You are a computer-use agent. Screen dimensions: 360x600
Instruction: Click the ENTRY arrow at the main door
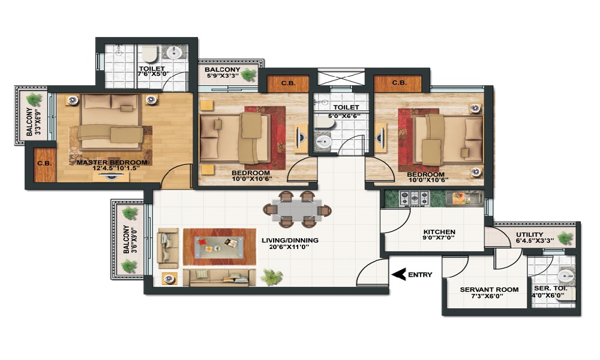point(397,275)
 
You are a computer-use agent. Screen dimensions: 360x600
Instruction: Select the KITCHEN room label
point(439,232)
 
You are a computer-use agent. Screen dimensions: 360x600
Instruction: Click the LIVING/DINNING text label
point(290,241)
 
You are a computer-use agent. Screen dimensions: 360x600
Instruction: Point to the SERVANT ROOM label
point(489,290)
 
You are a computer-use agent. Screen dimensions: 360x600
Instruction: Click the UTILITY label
point(529,235)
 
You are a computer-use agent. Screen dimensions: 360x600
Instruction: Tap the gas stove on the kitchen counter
point(415,197)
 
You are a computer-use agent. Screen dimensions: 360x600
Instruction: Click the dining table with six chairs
point(297,209)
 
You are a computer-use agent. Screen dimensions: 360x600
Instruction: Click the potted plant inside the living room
point(272,277)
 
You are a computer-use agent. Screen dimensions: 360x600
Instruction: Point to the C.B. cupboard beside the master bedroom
point(43,164)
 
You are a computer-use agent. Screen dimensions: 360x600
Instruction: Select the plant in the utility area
point(565,239)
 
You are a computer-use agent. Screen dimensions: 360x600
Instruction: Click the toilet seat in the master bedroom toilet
point(150,55)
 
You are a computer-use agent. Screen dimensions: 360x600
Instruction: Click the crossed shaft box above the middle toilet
point(340,78)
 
